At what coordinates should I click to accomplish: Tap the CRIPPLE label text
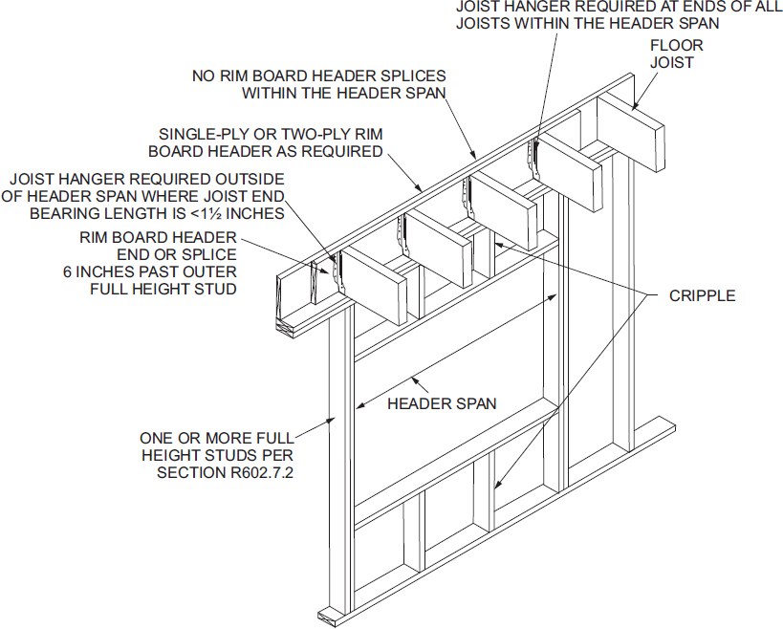point(703,295)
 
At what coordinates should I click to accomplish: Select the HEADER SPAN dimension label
point(442,403)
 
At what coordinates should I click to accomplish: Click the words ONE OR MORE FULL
point(216,438)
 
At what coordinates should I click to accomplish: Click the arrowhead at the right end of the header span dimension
point(556,299)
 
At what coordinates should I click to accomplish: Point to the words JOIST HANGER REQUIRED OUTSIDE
point(146,179)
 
